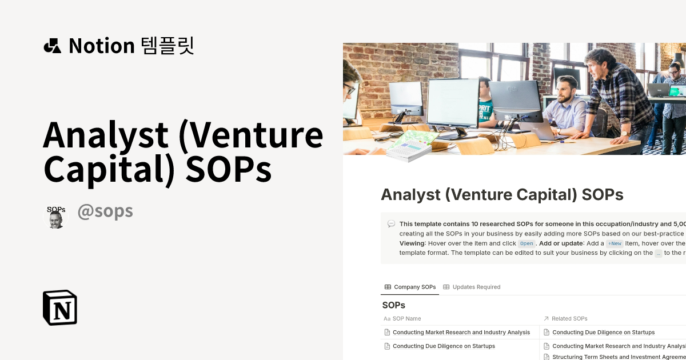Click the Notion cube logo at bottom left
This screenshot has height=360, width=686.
[60, 307]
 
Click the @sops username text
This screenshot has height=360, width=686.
[105, 211]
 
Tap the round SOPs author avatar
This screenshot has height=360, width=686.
[55, 217]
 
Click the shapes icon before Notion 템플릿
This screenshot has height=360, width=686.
[52, 46]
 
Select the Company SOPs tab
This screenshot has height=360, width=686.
[410, 287]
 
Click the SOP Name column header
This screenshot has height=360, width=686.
[406, 318]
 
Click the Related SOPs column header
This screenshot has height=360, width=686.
[569, 318]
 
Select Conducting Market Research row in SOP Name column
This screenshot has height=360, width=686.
[461, 332]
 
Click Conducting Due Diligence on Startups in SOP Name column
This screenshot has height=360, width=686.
[444, 346]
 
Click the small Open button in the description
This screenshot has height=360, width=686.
[527, 243]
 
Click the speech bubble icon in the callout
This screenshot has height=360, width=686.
[391, 224]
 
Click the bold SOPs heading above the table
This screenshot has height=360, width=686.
[393, 305]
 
